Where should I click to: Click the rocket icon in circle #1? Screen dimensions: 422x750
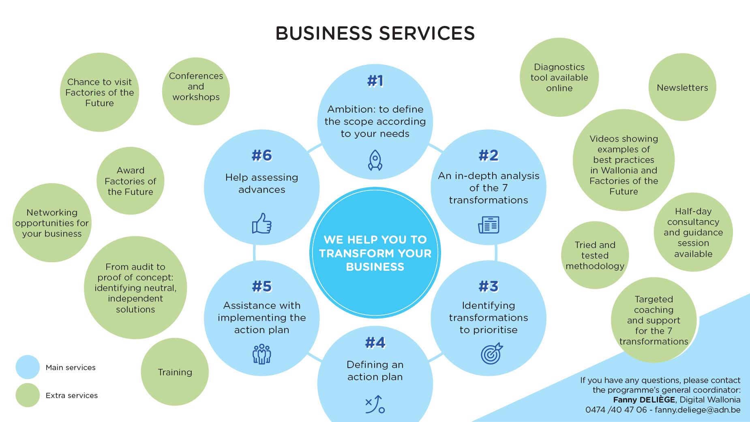click(375, 160)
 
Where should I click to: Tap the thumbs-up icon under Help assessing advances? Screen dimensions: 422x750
click(262, 223)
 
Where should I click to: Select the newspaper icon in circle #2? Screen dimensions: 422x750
click(489, 225)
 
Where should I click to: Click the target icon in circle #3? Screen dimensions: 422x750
click(491, 354)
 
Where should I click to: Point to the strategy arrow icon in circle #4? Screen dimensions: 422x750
click(375, 405)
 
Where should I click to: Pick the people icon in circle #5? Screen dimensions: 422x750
click(262, 354)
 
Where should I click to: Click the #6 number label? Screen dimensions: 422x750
click(262, 155)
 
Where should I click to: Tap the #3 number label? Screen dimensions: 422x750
click(489, 286)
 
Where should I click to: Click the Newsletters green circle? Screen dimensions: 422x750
click(682, 87)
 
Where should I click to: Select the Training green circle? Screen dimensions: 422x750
click(175, 372)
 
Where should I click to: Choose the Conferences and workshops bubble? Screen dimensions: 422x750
click(196, 91)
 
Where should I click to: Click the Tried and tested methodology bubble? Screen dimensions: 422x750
click(595, 255)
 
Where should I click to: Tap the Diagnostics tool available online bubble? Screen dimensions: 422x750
click(559, 77)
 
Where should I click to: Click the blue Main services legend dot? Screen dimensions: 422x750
click(28, 367)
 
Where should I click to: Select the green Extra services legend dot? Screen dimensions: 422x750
click(28, 395)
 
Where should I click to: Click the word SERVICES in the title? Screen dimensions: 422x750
click(427, 33)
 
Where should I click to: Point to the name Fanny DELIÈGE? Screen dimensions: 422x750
click(644, 400)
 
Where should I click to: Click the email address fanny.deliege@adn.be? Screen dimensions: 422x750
click(697, 410)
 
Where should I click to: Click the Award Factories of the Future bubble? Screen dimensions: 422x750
click(130, 181)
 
